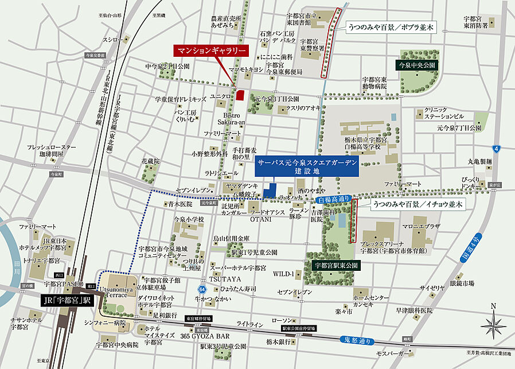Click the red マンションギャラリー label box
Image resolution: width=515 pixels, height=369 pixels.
tap(212, 51)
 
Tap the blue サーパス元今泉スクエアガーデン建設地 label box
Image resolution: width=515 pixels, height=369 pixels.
tap(307, 168)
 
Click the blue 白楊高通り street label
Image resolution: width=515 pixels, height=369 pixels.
tap(333, 200)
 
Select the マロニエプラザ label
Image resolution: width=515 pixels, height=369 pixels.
tap(422, 226)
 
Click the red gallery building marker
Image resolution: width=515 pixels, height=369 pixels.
tap(240, 95)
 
